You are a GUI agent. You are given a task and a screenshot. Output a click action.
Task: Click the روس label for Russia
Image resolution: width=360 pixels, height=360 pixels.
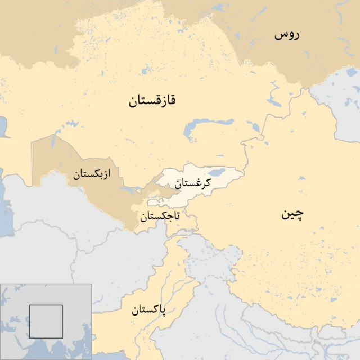click(287, 35)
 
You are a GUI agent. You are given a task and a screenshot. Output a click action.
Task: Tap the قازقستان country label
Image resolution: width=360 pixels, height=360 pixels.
click(152, 101)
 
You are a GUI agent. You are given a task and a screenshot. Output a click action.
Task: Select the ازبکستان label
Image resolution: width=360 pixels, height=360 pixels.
click(91, 174)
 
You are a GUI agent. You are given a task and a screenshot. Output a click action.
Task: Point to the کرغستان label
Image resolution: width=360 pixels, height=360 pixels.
click(193, 183)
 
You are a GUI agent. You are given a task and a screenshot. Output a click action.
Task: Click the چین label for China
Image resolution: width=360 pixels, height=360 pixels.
click(292, 214)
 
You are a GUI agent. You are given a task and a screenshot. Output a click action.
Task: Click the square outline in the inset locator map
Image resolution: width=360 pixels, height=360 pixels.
click(46, 321)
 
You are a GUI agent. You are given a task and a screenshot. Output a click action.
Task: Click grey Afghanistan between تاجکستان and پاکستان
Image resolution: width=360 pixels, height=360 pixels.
click(129, 253)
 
